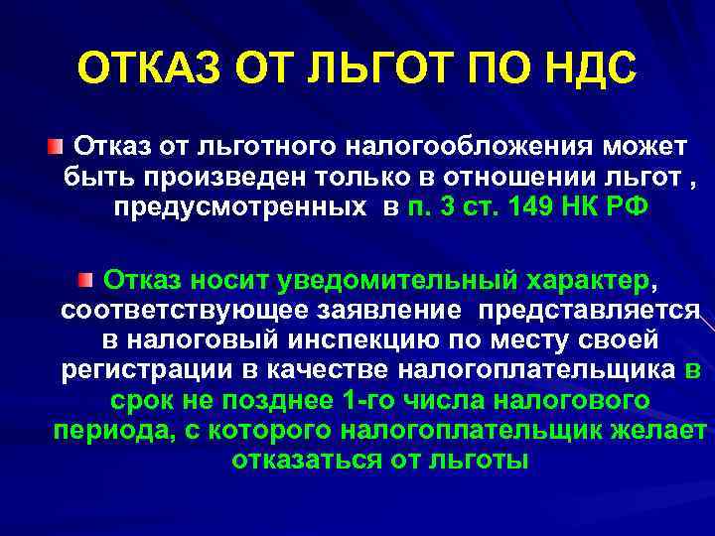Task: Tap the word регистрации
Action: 132,371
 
